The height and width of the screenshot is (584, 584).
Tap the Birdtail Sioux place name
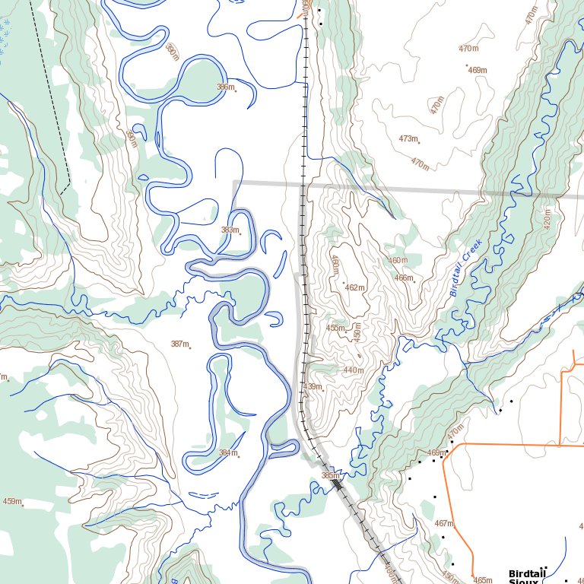pyautogui.click(x=528, y=577)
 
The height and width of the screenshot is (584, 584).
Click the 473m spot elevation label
pyautogui.click(x=408, y=138)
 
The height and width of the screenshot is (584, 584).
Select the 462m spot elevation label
pyautogui.click(x=354, y=287)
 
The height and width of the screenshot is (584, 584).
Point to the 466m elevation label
pyautogui.click(x=404, y=278)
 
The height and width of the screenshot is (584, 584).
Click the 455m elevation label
pyautogui.click(x=335, y=328)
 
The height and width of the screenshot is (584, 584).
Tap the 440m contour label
pyautogui.click(x=353, y=370)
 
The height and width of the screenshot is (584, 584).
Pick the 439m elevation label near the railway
pyautogui.click(x=313, y=386)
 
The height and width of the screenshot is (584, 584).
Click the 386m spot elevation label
pyautogui.click(x=225, y=87)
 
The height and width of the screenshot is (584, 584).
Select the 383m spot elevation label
pyautogui.click(x=230, y=230)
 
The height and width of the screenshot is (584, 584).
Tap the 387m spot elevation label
pyautogui.click(x=179, y=344)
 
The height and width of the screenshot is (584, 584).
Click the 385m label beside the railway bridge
pyautogui.click(x=330, y=475)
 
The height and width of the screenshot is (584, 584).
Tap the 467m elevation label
pyautogui.click(x=443, y=523)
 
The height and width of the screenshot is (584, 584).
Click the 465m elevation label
pyautogui.click(x=483, y=580)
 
